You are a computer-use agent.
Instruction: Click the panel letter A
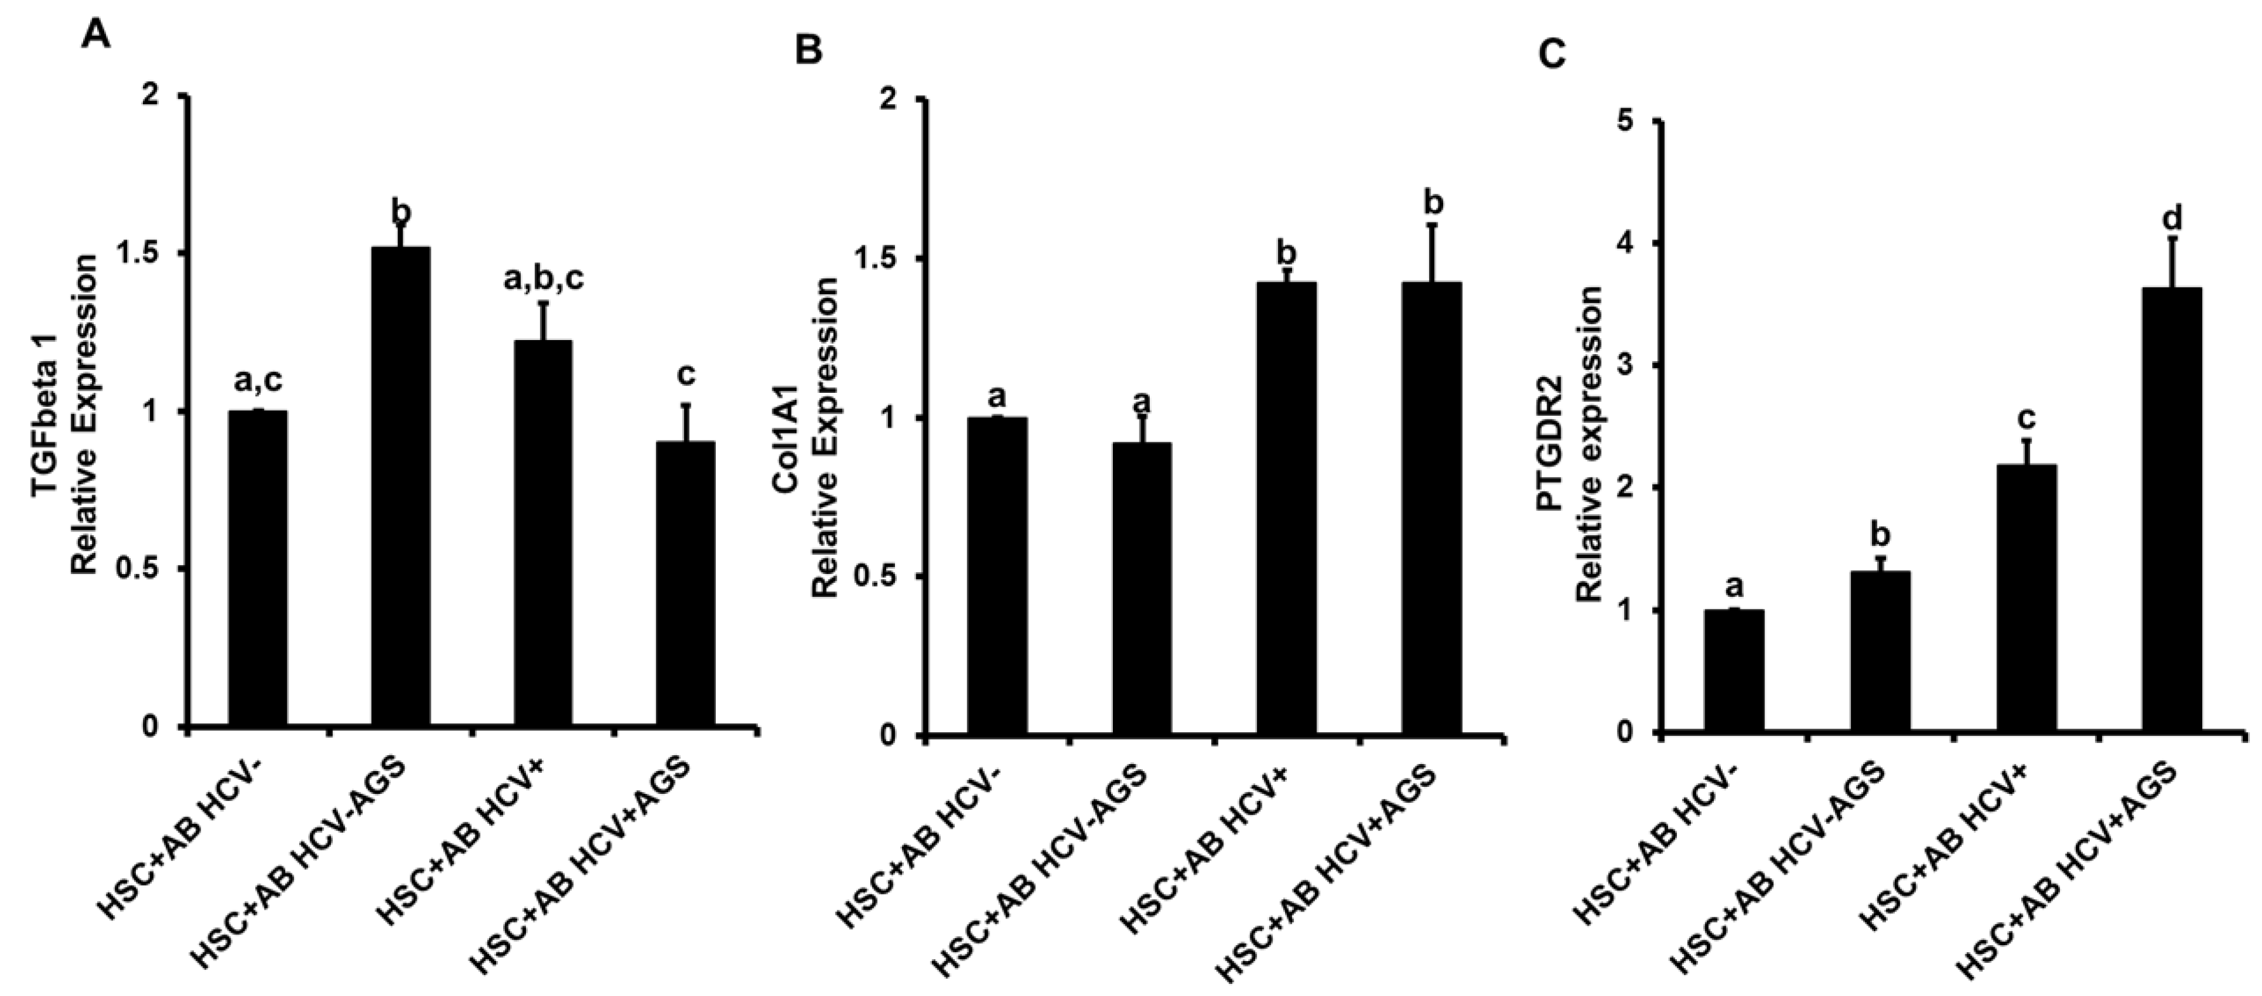click(x=97, y=36)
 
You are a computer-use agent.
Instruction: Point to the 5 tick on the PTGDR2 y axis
click(x=1633, y=121)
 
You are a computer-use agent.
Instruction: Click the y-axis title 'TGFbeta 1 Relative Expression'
click(x=66, y=413)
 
